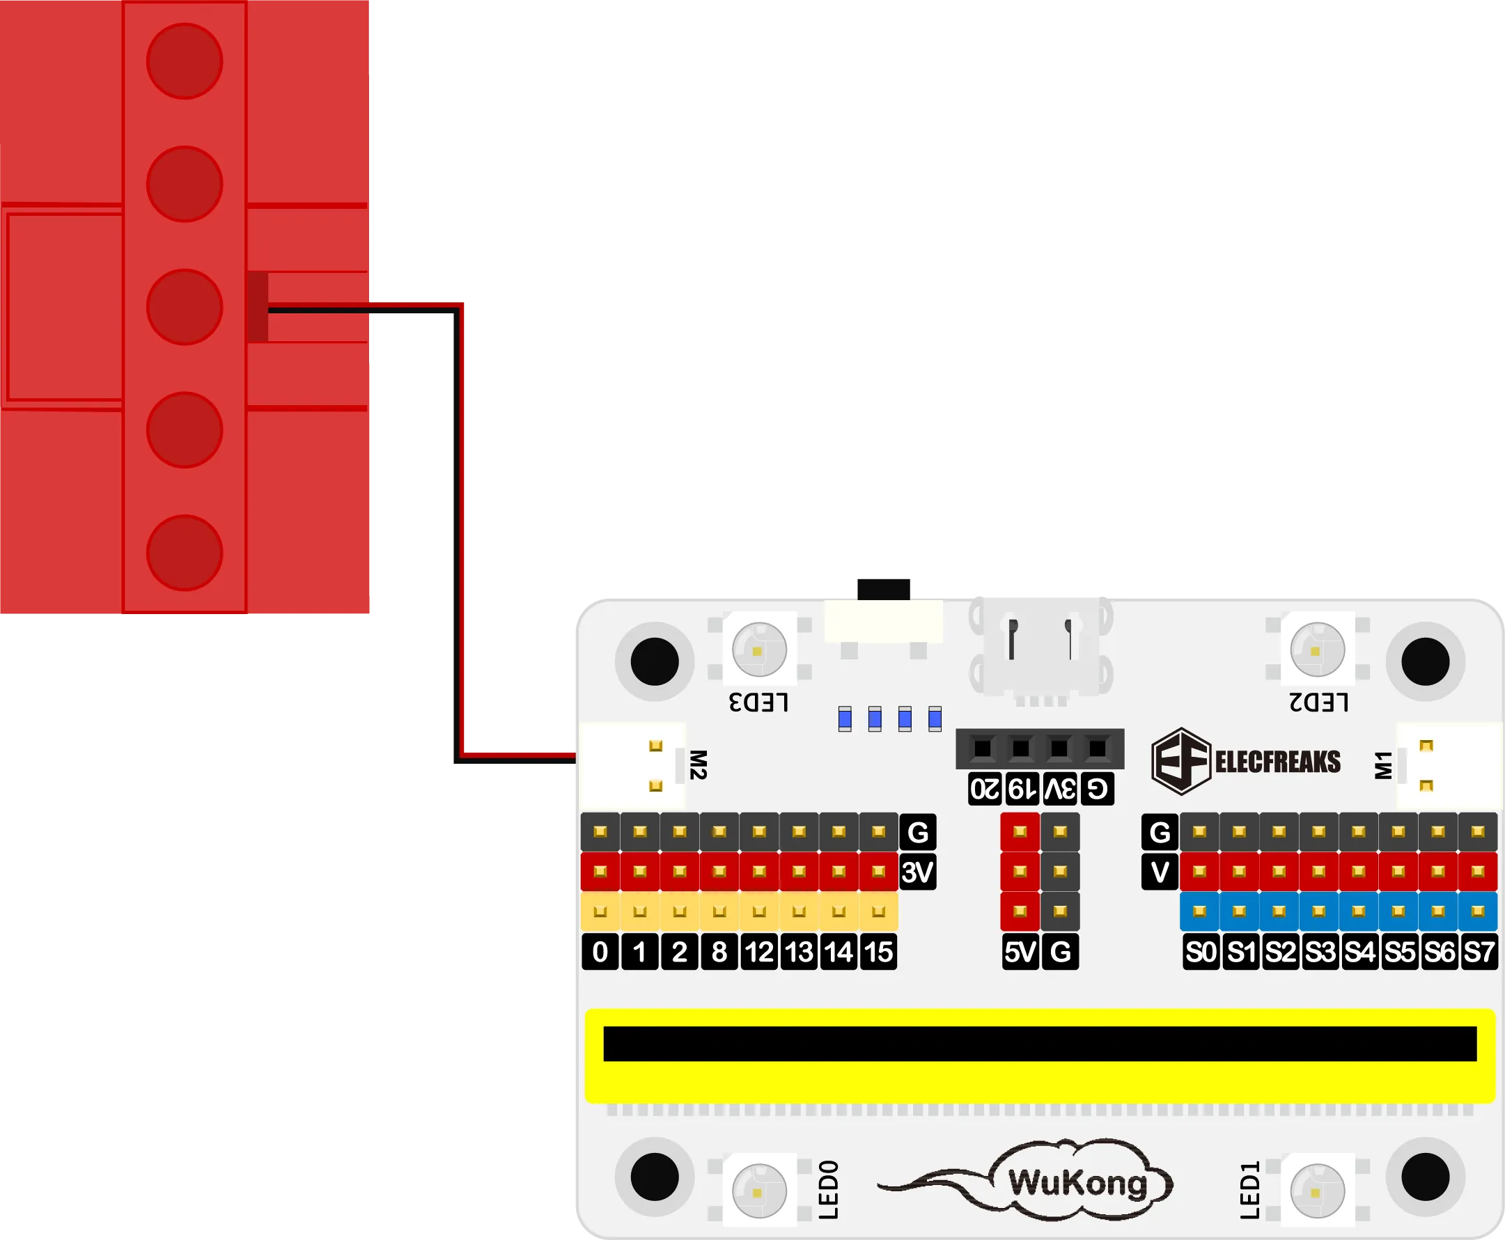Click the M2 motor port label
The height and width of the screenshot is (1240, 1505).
(698, 765)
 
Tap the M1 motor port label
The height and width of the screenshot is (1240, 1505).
(1384, 765)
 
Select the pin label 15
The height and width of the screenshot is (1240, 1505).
(879, 952)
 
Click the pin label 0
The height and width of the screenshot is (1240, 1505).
(600, 952)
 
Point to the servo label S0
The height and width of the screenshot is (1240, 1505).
(1201, 952)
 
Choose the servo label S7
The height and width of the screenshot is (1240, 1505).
(1479, 952)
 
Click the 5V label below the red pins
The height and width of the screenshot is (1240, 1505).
(1020, 952)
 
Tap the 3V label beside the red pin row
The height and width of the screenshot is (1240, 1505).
(918, 872)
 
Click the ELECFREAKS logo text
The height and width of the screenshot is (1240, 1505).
(1278, 762)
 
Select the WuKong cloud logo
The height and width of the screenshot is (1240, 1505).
(1077, 1183)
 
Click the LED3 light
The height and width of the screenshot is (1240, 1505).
(759, 650)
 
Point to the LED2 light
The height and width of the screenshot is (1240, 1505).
(1317, 650)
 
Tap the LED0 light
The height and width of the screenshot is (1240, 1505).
(759, 1191)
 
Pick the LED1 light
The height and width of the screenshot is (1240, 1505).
(1317, 1191)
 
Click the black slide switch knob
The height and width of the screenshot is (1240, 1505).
(883, 586)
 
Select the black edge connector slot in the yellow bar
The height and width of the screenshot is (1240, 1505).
(1040, 1044)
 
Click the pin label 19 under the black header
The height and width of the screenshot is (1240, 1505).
(1022, 790)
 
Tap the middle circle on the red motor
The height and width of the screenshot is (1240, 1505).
(185, 307)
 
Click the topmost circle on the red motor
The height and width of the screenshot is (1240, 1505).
(185, 61)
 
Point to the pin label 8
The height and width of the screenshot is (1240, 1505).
(719, 952)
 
